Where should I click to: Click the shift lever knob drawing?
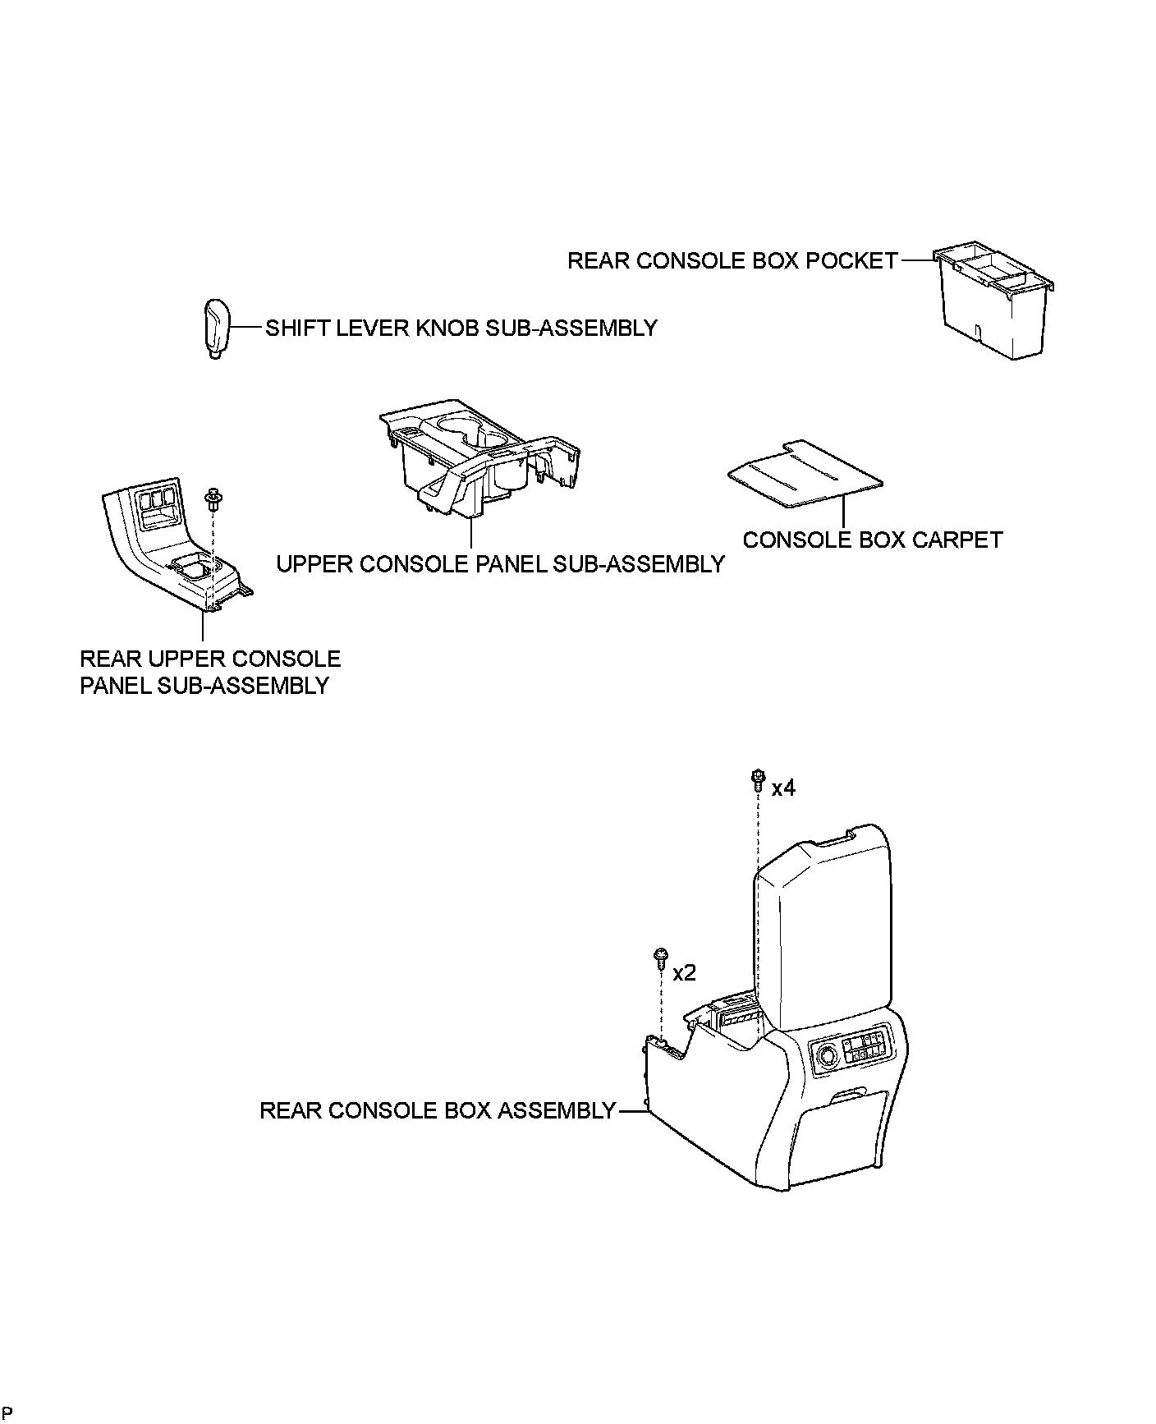click(214, 328)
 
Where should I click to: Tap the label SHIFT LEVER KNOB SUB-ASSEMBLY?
click(461, 328)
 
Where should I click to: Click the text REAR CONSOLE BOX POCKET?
click(733, 261)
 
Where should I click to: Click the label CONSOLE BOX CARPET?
click(873, 540)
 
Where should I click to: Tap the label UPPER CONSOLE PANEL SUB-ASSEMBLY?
click(500, 565)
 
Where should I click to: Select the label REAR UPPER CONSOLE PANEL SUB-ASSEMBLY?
click(209, 673)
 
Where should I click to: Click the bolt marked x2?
click(660, 958)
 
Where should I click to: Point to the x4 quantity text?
click(783, 788)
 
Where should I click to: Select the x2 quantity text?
click(684, 973)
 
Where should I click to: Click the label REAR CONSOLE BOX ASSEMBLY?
click(437, 1111)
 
